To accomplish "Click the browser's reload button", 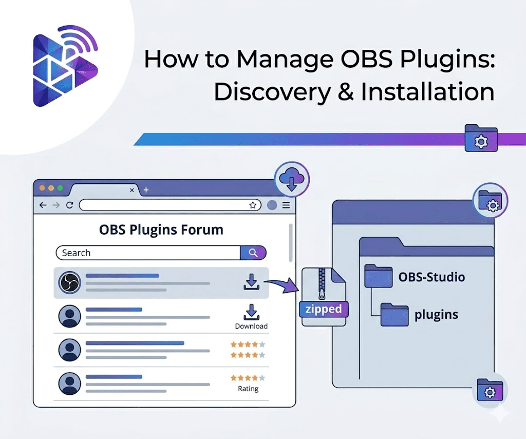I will [x=69, y=205].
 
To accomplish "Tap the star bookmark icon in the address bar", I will [x=253, y=205].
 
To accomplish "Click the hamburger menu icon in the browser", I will [x=286, y=205].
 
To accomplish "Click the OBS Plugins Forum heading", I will [x=161, y=230].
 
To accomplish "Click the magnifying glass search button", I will [x=253, y=253].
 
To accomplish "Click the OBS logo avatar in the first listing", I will [x=69, y=283].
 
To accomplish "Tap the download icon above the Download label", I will [x=251, y=312].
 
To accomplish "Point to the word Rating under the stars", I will [x=248, y=389].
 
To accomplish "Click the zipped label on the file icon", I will [x=324, y=309].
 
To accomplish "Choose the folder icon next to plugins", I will [x=394, y=314].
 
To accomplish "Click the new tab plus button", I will [x=146, y=190].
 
